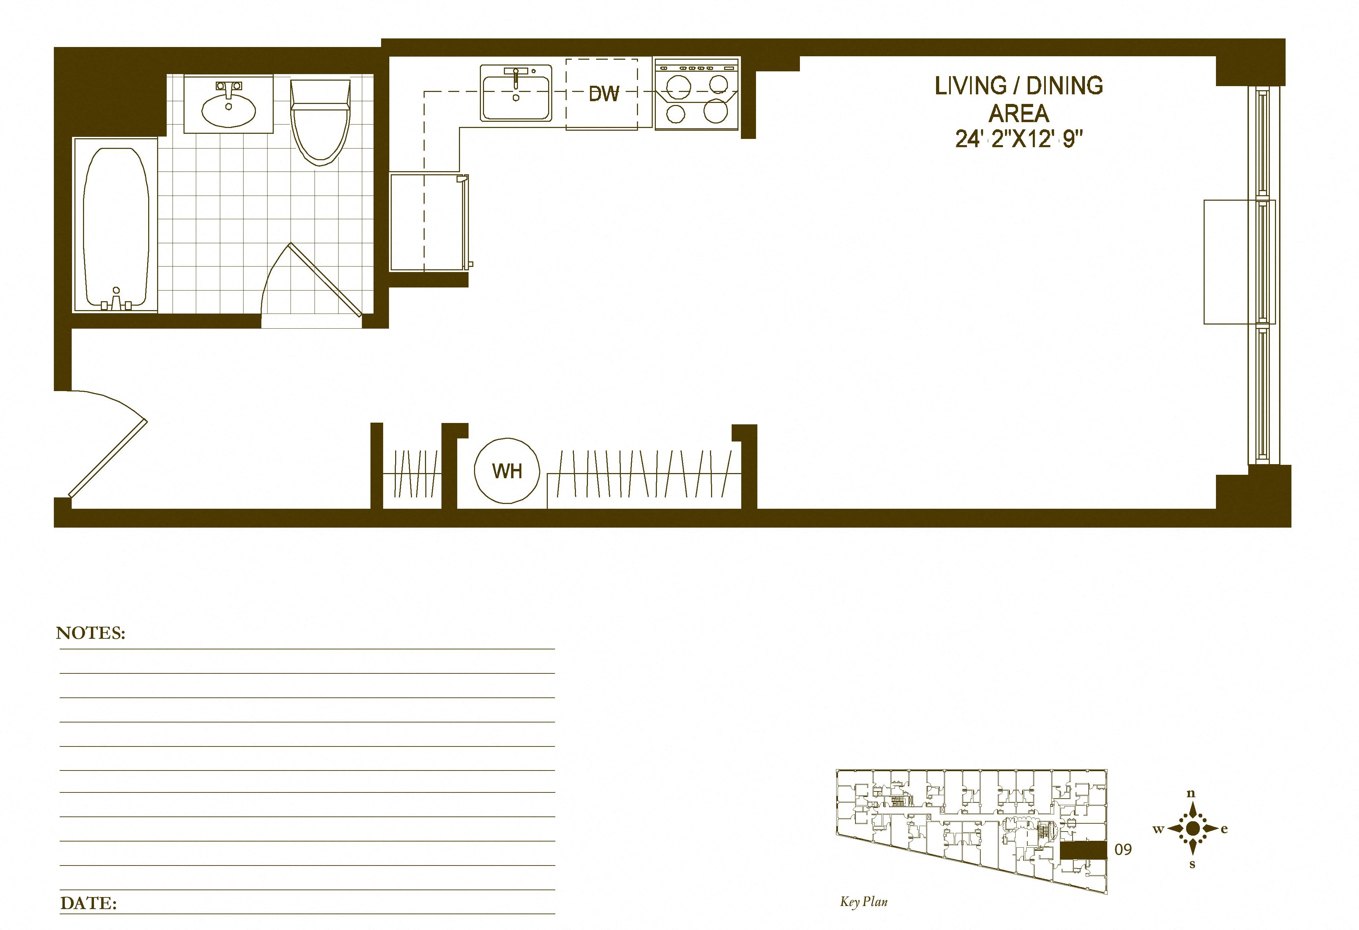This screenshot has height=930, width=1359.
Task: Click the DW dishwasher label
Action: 603,94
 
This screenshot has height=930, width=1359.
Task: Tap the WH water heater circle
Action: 506,471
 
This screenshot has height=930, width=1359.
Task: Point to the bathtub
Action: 115,225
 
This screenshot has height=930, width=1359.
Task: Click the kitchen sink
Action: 515,94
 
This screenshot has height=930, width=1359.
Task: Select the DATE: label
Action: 88,903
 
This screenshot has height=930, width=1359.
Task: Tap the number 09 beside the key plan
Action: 1123,849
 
